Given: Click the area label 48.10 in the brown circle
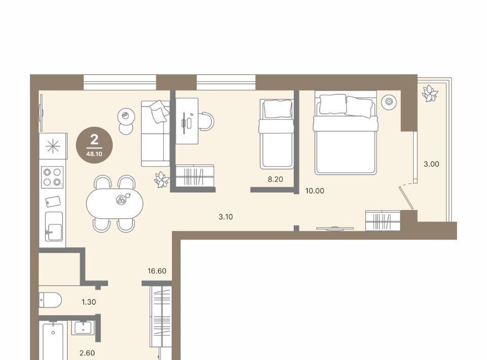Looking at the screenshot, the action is point(94,154).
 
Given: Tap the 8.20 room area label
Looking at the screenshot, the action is point(275,179).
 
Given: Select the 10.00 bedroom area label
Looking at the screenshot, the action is point(315,191).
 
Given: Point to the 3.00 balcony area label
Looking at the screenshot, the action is point(431,164).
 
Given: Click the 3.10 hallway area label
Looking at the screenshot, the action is point(226,217).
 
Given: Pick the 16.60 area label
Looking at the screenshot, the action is point(157,271).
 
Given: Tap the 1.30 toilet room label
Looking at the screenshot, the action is point(89,302).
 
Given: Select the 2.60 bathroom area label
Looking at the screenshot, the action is point(87,353).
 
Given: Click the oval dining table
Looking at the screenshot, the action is point(115,203).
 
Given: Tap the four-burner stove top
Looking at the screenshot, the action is point(52,177).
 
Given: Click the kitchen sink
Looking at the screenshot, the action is point(54,226).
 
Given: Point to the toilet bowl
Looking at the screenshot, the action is point(50,300).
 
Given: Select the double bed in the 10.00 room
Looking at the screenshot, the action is point(345,133).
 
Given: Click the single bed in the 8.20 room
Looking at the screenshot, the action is point(276,134).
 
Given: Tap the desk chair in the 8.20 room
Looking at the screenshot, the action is point(206,121).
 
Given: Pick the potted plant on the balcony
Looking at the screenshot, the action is point(430,93).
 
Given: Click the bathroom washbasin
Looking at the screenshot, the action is point(83,328).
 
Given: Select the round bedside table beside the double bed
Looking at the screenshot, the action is point(389,101).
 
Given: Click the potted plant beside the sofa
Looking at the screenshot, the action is point(162,179).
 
